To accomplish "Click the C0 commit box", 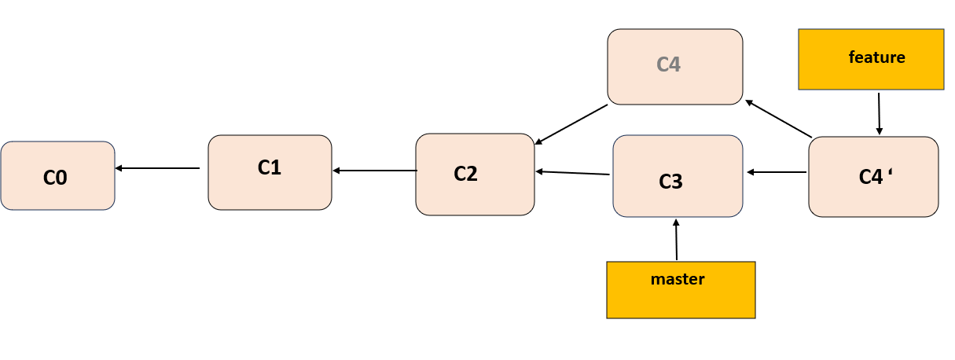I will pos(58,175).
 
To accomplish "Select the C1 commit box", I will pos(270,172).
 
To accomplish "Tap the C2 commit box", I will pos(475,174).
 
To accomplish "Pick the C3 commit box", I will pos(678,176).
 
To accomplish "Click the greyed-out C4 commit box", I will pos(675,66).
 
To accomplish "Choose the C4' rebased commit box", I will pos(873,176).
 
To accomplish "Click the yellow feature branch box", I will pos(871,60).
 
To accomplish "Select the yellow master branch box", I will pos(681,289).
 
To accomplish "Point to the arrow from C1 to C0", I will pos(157,168).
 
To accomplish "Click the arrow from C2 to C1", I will pos(375,170).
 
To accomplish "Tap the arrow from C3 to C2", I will pos(573,173).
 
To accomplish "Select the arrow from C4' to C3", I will pos(777,171).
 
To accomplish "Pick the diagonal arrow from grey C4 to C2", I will pos(571,124).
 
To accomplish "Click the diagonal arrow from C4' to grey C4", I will pos(778,119).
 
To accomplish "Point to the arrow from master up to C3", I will pos(676,240).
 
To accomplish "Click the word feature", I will pos(876,57).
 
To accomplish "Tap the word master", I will pos(678,279).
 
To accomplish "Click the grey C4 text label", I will pos(668,64).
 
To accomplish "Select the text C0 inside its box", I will pos(55,178).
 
